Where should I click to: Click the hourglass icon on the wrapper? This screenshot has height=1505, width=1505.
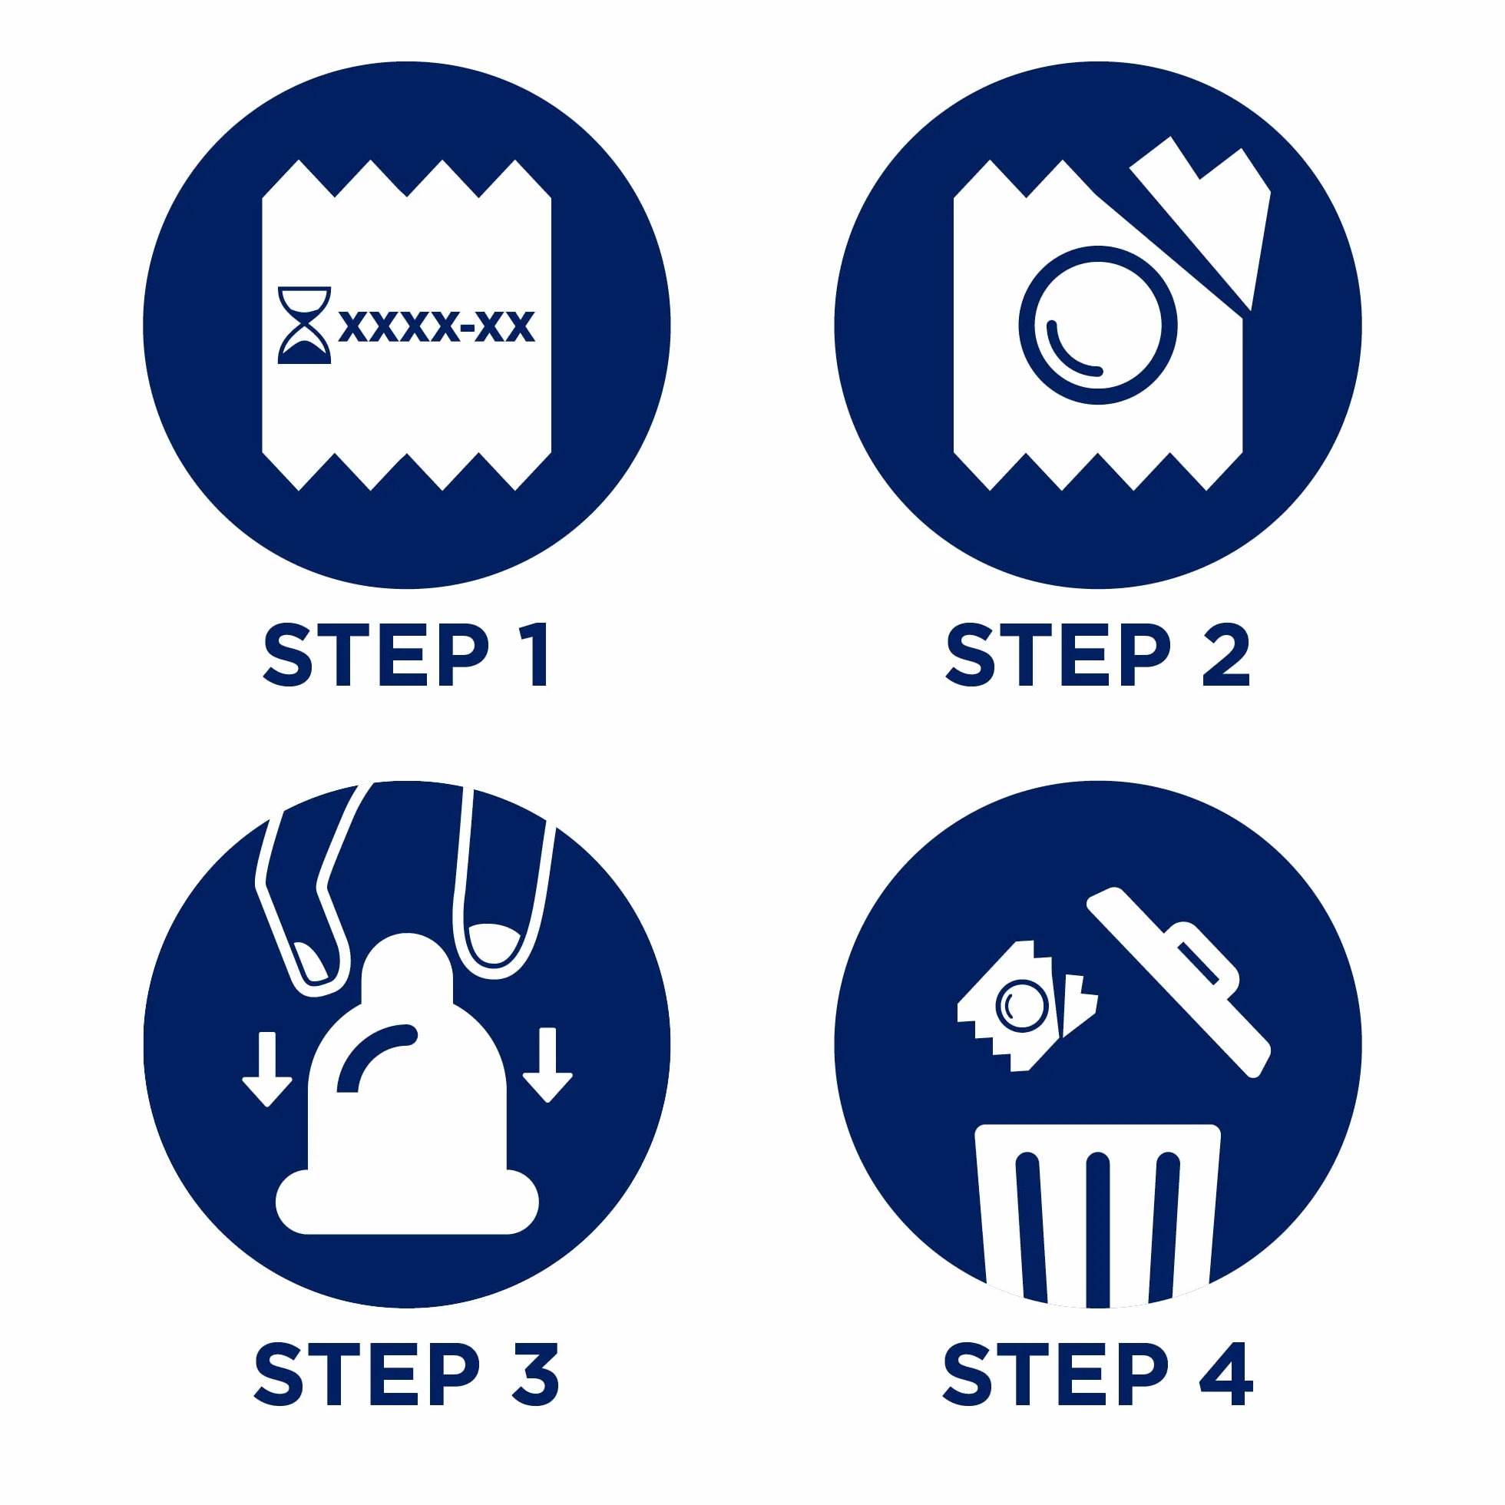[x=305, y=325]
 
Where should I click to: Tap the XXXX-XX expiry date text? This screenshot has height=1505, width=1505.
[x=437, y=326]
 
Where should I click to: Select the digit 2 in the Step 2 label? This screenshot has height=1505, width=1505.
[x=1225, y=654]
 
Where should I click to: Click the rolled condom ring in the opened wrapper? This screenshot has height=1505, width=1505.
[x=1097, y=325]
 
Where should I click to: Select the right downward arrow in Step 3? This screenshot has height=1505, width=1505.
[x=547, y=1065]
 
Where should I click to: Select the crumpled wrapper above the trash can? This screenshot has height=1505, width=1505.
[x=1027, y=1007]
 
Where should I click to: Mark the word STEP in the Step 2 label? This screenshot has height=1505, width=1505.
[x=1059, y=654]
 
